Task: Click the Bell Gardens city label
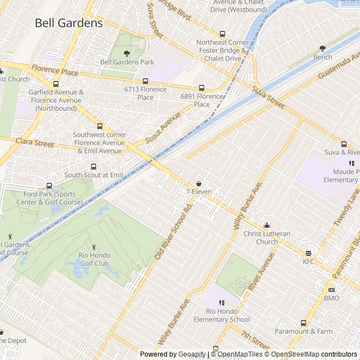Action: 69,23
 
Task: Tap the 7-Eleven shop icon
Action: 199,183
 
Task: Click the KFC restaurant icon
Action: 308,253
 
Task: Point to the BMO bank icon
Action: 331,290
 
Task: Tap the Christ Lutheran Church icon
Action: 267,226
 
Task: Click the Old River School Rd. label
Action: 174,231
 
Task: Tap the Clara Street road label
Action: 35,142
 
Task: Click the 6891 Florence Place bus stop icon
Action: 201,88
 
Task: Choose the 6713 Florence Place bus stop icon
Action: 145,81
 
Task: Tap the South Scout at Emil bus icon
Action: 93,166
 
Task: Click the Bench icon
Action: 322,49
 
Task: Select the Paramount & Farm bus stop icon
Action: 304,323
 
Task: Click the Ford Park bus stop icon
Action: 49,186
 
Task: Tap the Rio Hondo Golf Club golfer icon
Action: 94,247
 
